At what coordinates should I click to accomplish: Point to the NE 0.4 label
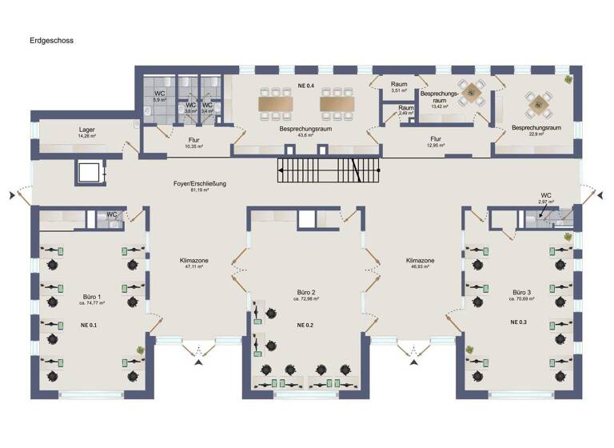(x=305, y=84)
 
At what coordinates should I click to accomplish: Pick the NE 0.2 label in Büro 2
(x=306, y=325)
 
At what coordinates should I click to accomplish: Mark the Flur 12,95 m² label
(x=434, y=141)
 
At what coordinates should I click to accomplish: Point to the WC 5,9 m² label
(x=158, y=96)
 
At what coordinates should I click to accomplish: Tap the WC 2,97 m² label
(x=547, y=198)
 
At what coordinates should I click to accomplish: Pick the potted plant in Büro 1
(x=140, y=349)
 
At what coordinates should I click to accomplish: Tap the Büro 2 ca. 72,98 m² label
(x=306, y=295)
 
